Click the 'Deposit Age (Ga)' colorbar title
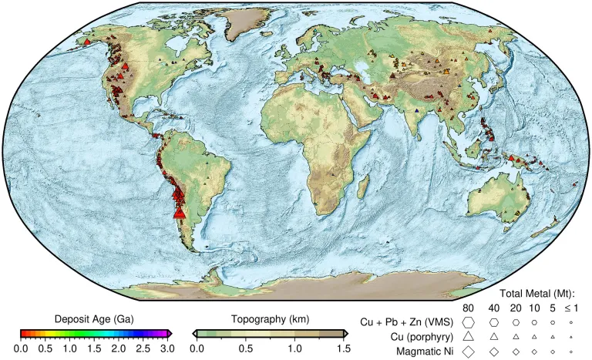pos(94,319)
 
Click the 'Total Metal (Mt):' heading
pos(539,293)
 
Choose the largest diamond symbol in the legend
pos(468,351)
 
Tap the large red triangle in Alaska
pos(87,42)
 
